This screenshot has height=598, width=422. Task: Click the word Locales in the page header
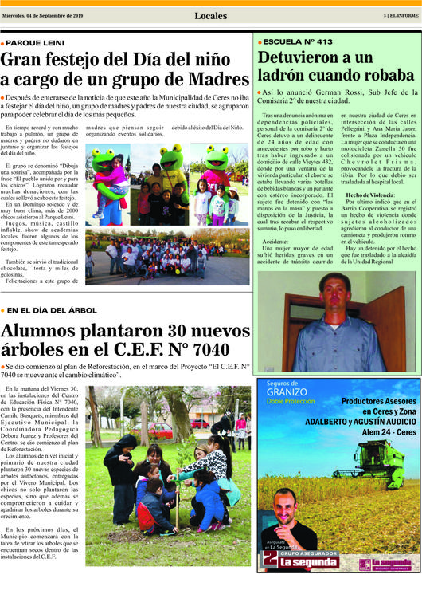pyautogui.click(x=210, y=15)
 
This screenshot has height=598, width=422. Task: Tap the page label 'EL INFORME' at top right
pyautogui.click(x=404, y=15)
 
